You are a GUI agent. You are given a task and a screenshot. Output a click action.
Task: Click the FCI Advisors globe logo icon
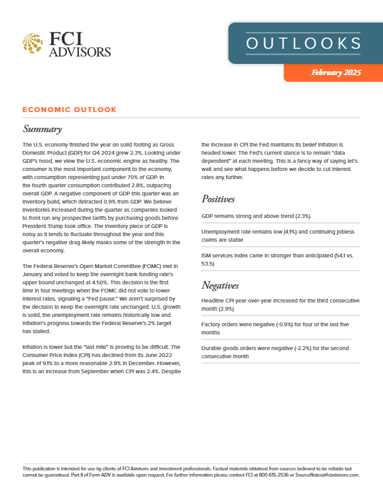(x=33, y=44)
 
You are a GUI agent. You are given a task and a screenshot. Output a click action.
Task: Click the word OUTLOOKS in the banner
(x=304, y=43)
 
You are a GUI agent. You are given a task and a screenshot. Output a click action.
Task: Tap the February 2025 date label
(x=336, y=73)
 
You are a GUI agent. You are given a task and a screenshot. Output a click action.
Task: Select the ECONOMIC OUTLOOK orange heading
(x=69, y=110)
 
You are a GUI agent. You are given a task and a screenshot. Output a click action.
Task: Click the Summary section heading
(x=42, y=130)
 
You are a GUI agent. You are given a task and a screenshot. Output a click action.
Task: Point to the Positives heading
(x=218, y=199)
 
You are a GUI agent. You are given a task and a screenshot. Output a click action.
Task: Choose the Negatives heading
(x=220, y=286)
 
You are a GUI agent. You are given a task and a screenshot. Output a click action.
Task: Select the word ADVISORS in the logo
(x=80, y=51)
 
